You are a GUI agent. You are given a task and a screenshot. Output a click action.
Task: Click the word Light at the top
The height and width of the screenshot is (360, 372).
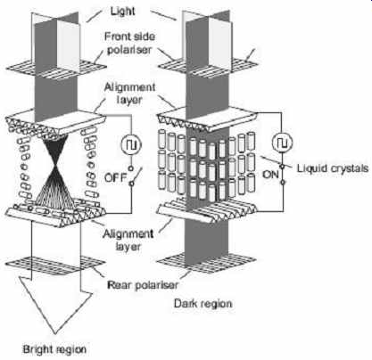[x=122, y=12]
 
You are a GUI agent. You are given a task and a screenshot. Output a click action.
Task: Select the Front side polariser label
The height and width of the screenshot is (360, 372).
[x=129, y=43]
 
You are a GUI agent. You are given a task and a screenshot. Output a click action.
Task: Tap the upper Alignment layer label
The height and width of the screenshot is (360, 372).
[x=129, y=94]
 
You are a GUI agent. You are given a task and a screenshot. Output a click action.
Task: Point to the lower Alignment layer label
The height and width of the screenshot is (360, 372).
[x=128, y=240]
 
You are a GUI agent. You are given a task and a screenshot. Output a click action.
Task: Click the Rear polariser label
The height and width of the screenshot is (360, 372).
[x=143, y=285]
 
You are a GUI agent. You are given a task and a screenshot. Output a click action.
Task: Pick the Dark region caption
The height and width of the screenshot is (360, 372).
[x=203, y=304]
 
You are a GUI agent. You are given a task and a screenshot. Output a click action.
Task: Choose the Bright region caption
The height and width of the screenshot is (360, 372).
[x=54, y=349]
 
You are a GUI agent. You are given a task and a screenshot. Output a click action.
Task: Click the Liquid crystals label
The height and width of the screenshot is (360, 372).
[x=333, y=168]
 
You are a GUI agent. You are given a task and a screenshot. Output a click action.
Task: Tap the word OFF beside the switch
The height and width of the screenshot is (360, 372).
[x=116, y=177]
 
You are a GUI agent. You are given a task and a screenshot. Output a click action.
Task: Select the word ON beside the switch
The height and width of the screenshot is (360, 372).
[x=270, y=175]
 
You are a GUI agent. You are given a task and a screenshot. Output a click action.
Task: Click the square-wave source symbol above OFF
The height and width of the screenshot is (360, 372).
[x=131, y=144]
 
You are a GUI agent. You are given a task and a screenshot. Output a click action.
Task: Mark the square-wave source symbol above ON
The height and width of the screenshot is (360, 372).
[x=283, y=143]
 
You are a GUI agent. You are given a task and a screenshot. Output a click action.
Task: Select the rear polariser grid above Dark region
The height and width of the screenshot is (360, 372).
[x=206, y=265]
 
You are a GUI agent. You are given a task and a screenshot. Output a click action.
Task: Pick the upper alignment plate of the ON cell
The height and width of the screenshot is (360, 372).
[x=208, y=119]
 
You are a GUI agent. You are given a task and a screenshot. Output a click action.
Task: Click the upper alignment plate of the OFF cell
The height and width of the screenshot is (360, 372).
[x=56, y=122]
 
